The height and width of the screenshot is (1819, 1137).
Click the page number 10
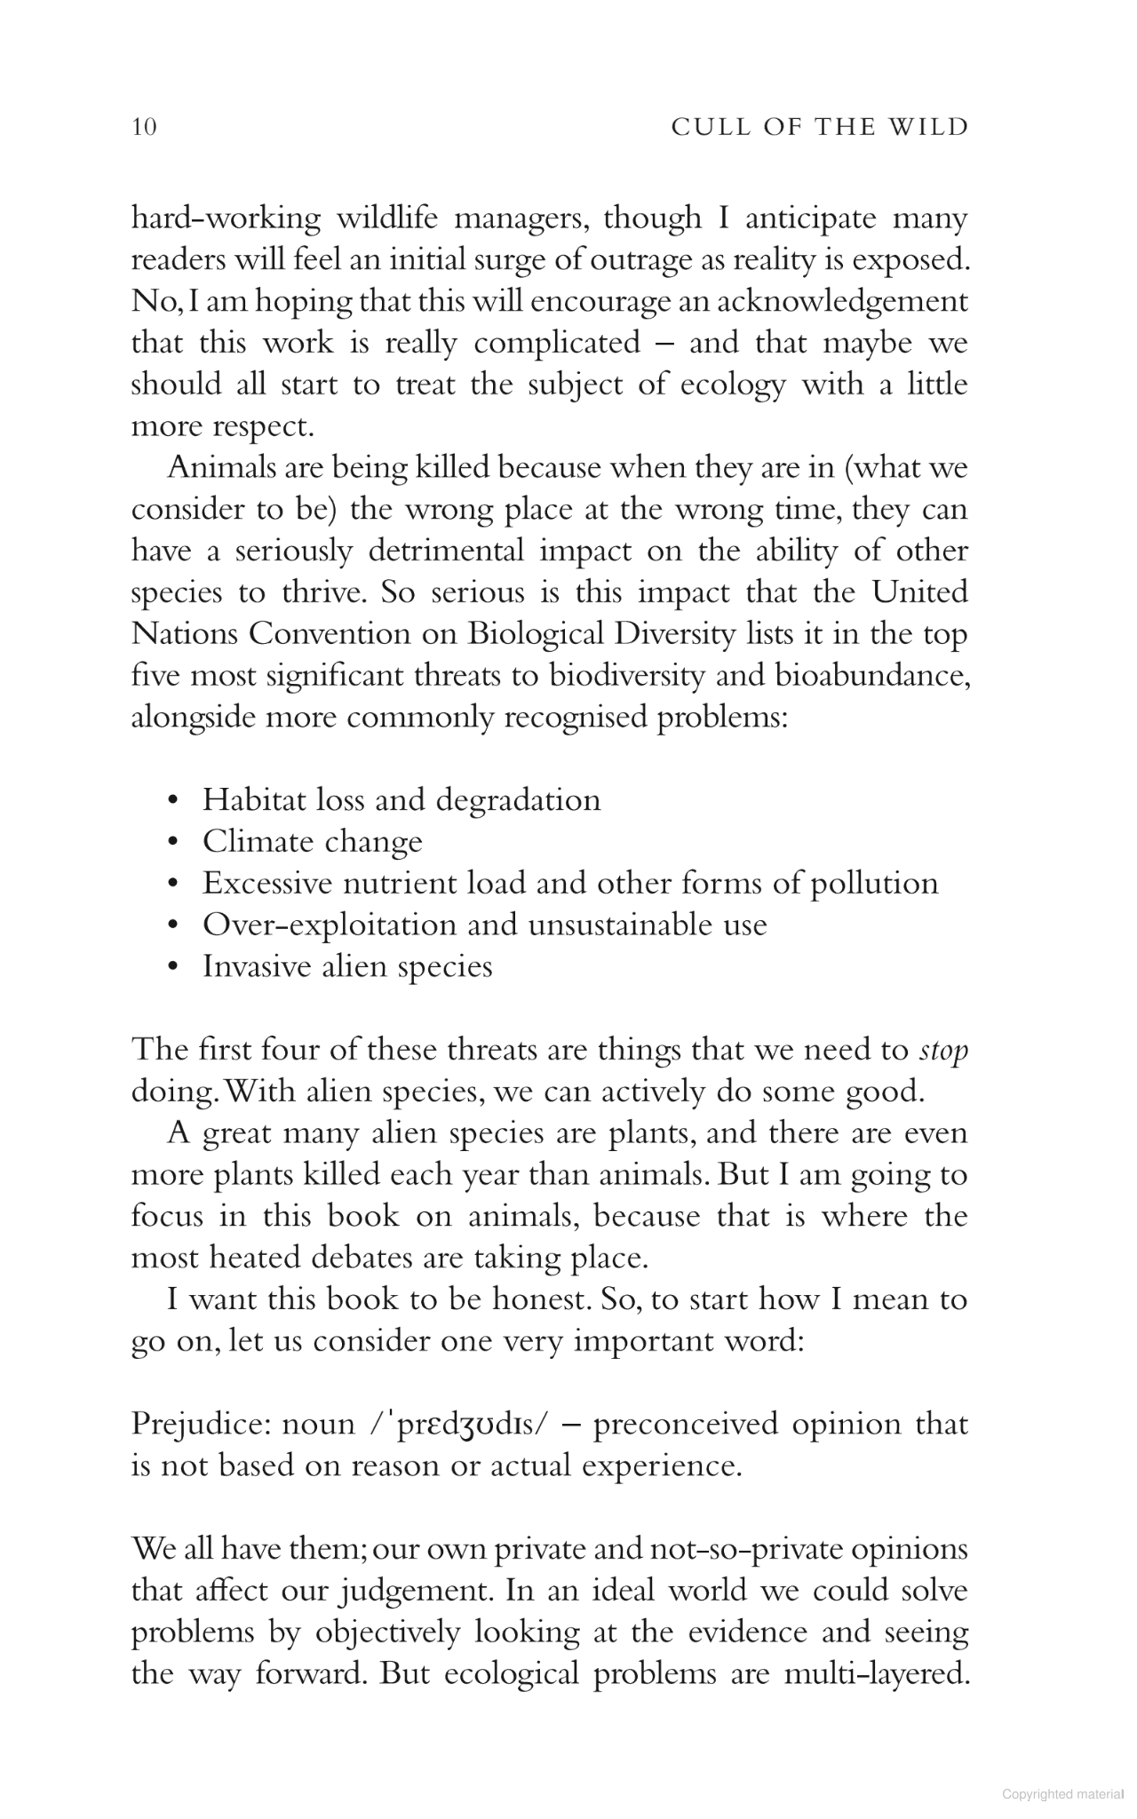(x=144, y=127)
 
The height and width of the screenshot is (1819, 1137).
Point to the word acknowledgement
(x=838, y=301)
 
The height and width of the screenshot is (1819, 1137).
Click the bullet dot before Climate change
(x=174, y=842)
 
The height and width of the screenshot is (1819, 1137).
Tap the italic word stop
(x=943, y=1051)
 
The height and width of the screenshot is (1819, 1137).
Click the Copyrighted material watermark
(x=1062, y=1794)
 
